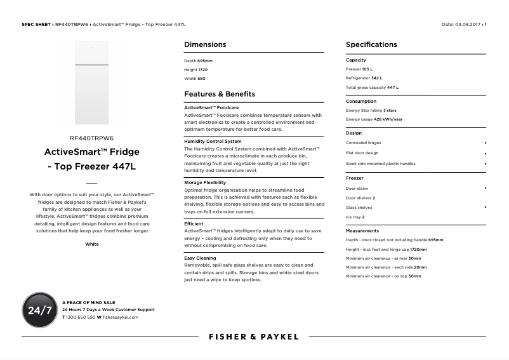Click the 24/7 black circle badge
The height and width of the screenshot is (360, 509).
click(x=40, y=310)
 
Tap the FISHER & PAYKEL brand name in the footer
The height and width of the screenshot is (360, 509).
click(x=253, y=337)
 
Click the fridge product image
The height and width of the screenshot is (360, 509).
click(x=92, y=83)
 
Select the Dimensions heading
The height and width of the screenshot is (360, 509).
click(x=205, y=44)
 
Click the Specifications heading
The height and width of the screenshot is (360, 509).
click(x=371, y=44)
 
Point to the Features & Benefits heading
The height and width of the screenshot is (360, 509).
click(x=220, y=94)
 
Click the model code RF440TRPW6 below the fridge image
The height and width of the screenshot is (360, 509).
click(x=92, y=138)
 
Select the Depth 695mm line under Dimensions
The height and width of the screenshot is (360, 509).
click(x=198, y=61)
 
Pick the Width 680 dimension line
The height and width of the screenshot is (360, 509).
click(x=195, y=79)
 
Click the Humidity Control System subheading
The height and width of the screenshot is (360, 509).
click(x=213, y=141)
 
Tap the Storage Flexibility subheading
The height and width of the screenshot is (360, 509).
click(x=205, y=182)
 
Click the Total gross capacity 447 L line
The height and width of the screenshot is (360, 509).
click(x=372, y=88)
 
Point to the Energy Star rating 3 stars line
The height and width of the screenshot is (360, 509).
click(x=371, y=110)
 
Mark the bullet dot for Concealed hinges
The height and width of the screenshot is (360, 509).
click(x=486, y=143)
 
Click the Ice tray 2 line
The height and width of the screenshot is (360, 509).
click(x=355, y=217)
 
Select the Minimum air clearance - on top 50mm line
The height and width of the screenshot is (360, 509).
click(x=383, y=276)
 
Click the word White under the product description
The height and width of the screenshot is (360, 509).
click(x=92, y=244)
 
